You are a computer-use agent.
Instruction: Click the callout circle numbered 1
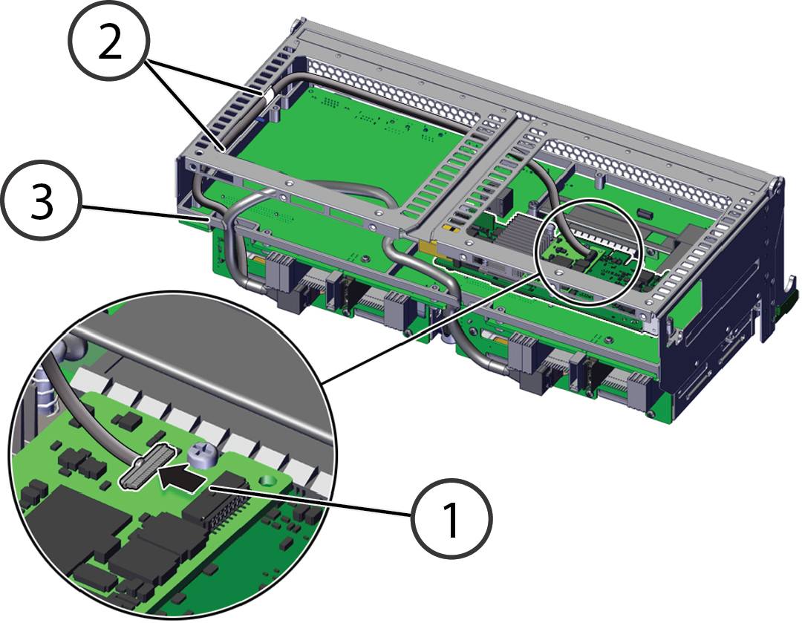click(451, 518)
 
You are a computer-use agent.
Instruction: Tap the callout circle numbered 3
click(40, 200)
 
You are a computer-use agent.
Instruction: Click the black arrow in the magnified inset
click(182, 476)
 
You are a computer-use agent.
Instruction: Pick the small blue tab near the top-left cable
click(259, 121)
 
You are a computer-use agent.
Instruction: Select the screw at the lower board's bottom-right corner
click(650, 414)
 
